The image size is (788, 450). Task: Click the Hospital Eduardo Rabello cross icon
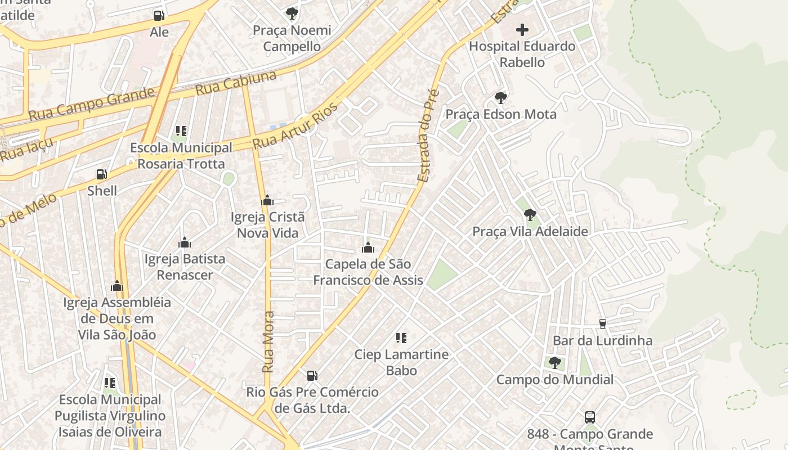coord(522,30)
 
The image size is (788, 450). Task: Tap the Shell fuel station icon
coord(101,175)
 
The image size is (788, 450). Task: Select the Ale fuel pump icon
coord(159,16)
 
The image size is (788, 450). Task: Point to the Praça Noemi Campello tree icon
coord(292,13)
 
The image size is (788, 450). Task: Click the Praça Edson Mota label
coord(500,114)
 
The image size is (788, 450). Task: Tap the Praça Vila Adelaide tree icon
coord(530,215)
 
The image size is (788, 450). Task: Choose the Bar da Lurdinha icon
coord(602,324)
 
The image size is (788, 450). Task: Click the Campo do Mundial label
coord(554,380)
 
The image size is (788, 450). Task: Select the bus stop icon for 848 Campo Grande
coord(589,417)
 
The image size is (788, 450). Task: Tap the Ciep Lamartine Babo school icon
coord(401,338)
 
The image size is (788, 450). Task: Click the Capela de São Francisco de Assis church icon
coord(368,247)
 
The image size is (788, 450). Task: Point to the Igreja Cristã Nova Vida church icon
coord(267,200)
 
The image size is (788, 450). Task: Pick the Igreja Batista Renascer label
coord(185,267)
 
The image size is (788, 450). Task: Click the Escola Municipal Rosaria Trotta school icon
coord(181,132)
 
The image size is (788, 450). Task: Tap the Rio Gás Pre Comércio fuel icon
coord(312,375)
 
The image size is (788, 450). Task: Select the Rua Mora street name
coord(268,341)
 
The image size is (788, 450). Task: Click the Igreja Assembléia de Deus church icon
coord(117,286)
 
